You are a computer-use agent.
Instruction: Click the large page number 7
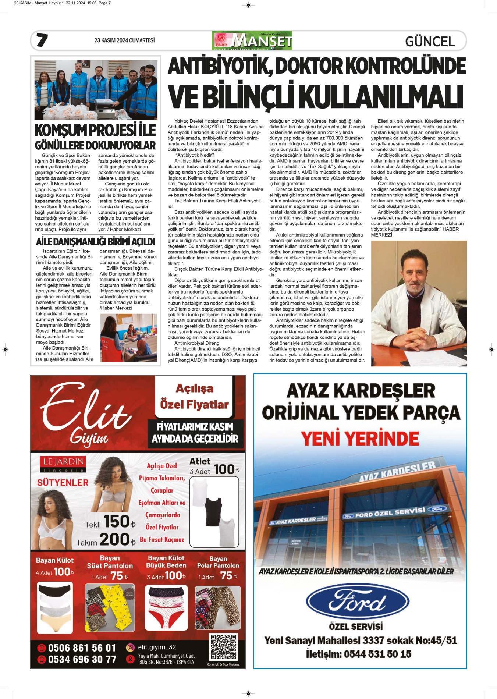(42, 40)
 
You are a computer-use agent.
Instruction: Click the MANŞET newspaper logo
(252, 40)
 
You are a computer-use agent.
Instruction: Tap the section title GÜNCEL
(430, 41)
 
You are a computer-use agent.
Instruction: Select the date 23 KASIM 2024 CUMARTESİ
(124, 40)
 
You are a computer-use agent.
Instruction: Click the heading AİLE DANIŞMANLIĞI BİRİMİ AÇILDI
(96, 242)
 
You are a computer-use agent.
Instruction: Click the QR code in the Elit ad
(223, 646)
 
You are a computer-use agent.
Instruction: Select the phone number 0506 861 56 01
(82, 648)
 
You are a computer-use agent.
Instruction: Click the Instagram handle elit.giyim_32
(157, 647)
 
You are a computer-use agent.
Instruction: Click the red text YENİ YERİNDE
(360, 439)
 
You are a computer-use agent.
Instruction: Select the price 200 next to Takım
(114, 540)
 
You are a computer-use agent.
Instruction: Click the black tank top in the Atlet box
(213, 512)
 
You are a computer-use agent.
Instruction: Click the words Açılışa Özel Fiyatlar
(194, 397)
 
